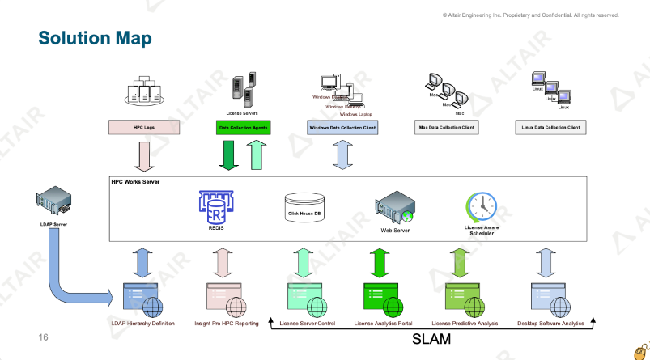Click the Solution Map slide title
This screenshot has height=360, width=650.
click(96, 38)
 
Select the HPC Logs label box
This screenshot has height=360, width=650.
click(144, 127)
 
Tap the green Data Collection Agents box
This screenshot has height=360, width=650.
click(244, 127)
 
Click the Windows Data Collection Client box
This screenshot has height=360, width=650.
click(343, 127)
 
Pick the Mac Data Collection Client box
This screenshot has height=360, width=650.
click(446, 127)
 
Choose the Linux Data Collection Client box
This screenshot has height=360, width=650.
click(550, 127)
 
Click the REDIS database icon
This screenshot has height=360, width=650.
click(215, 206)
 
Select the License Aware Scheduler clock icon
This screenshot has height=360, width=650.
click(482, 205)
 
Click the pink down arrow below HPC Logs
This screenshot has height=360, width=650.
click(144, 155)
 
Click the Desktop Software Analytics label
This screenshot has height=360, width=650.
click(550, 324)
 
